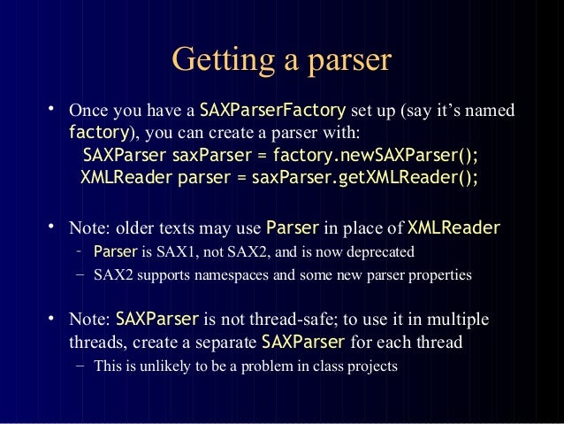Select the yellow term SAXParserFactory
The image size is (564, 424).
pyautogui.click(x=273, y=112)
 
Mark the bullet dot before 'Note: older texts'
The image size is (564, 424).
pyautogui.click(x=52, y=226)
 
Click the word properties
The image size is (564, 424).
pyautogui.click(x=439, y=274)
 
